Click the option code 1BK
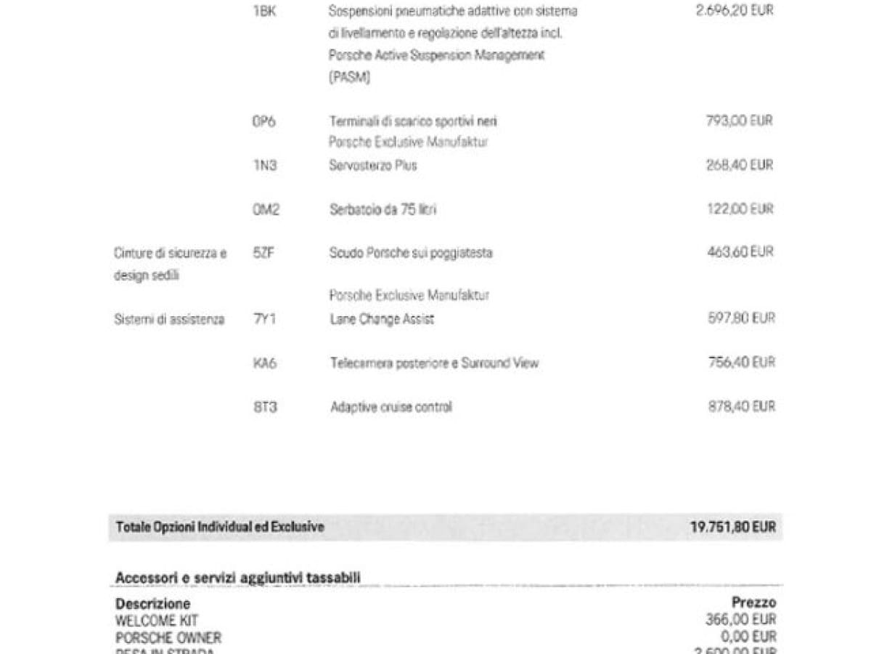pos(264,12)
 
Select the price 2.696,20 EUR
pos(734,12)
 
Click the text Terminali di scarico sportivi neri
pos(413,121)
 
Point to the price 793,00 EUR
pos(740,121)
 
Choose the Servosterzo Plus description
pos(373,166)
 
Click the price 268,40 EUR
pos(740,165)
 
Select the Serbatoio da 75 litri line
pos(383,209)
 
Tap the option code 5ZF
pos(263,253)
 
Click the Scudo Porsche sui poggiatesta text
pos(411,253)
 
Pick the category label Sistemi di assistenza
pos(169,319)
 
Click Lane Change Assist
pos(382,319)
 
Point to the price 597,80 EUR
pos(741,318)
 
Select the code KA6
pos(265,363)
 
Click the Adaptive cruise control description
pos(391,407)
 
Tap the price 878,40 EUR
pos(741,406)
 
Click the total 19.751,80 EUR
pos(732,527)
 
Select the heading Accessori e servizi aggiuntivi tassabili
pos(238,578)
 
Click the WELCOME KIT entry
pos(156,621)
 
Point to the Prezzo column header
pos(753,602)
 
